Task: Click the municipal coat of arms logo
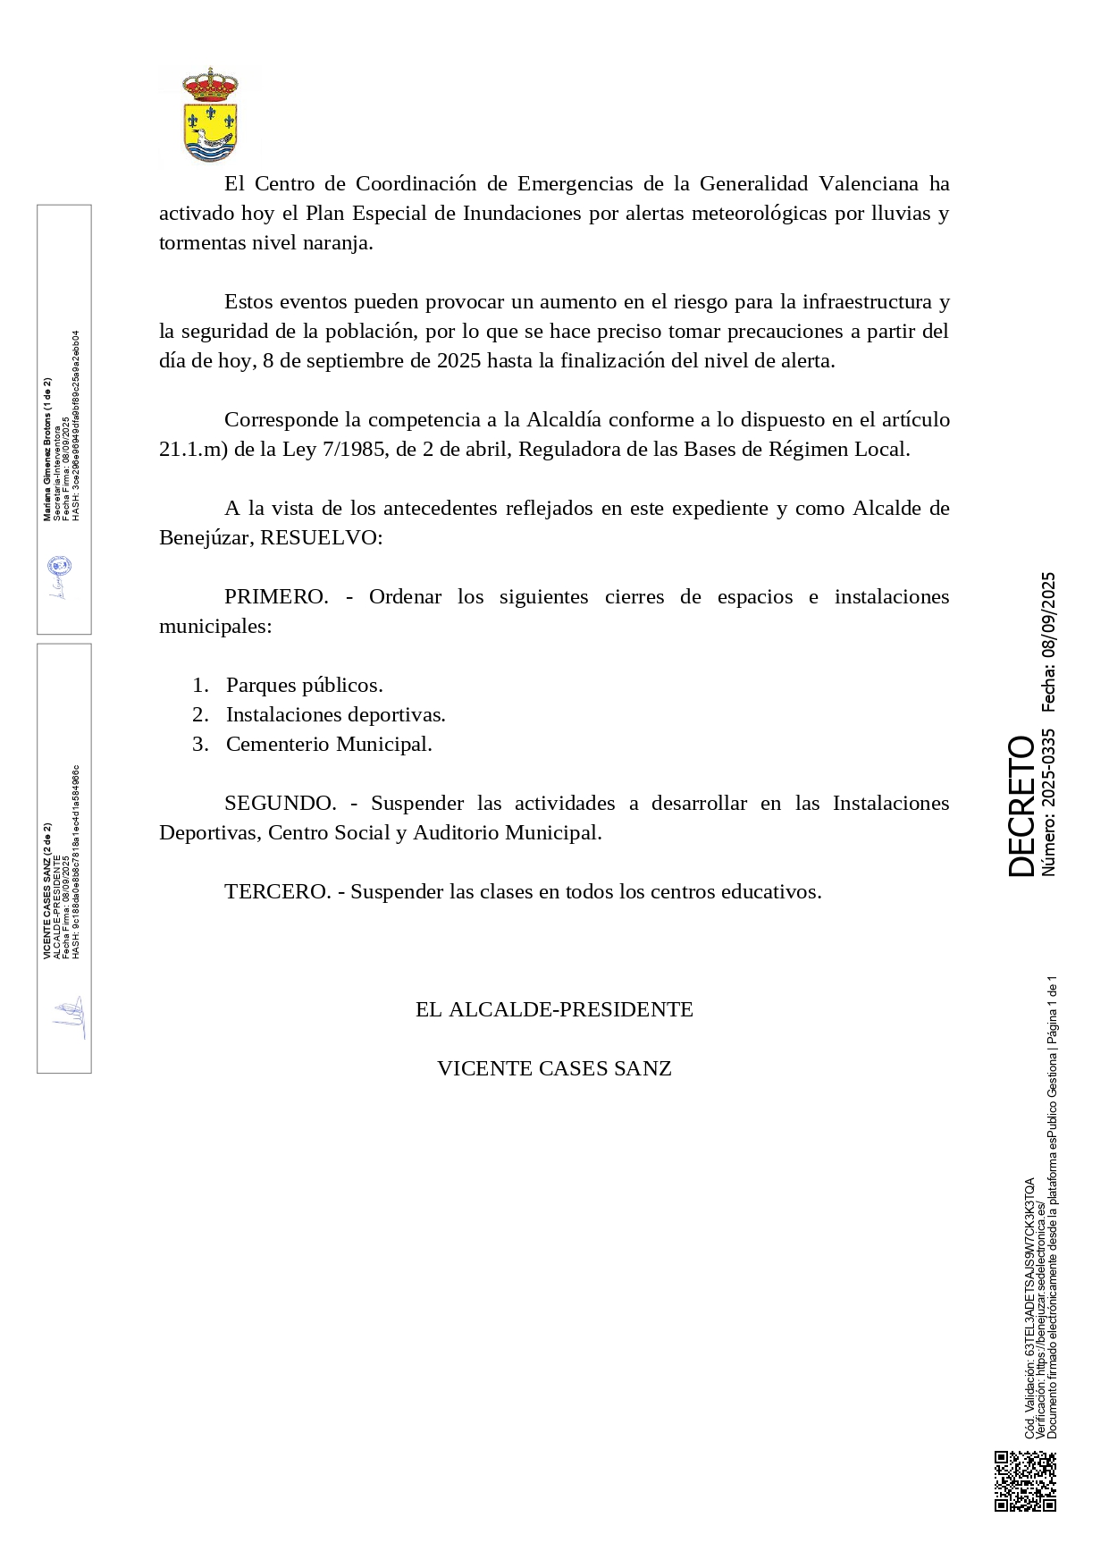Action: click(210, 115)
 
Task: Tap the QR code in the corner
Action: click(1025, 1480)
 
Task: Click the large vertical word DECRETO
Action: click(1021, 805)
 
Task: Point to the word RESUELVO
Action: click(320, 537)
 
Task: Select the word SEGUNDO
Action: click(280, 803)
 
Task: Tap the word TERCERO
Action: click(277, 891)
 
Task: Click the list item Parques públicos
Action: click(304, 685)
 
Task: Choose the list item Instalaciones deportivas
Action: click(335, 714)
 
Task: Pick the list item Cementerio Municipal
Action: click(329, 744)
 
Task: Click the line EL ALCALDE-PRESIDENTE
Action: click(554, 1009)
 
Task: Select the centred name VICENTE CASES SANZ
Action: click(554, 1068)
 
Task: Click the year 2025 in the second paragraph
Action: click(458, 360)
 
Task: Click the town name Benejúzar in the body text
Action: click(204, 537)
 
